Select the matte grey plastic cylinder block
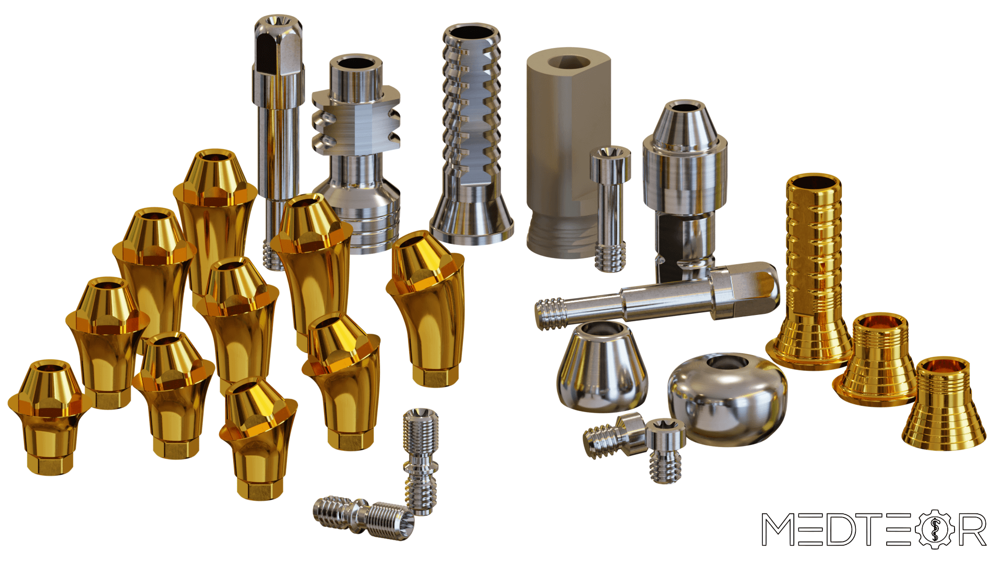coord(568,151)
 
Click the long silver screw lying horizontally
coord(658,296)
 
